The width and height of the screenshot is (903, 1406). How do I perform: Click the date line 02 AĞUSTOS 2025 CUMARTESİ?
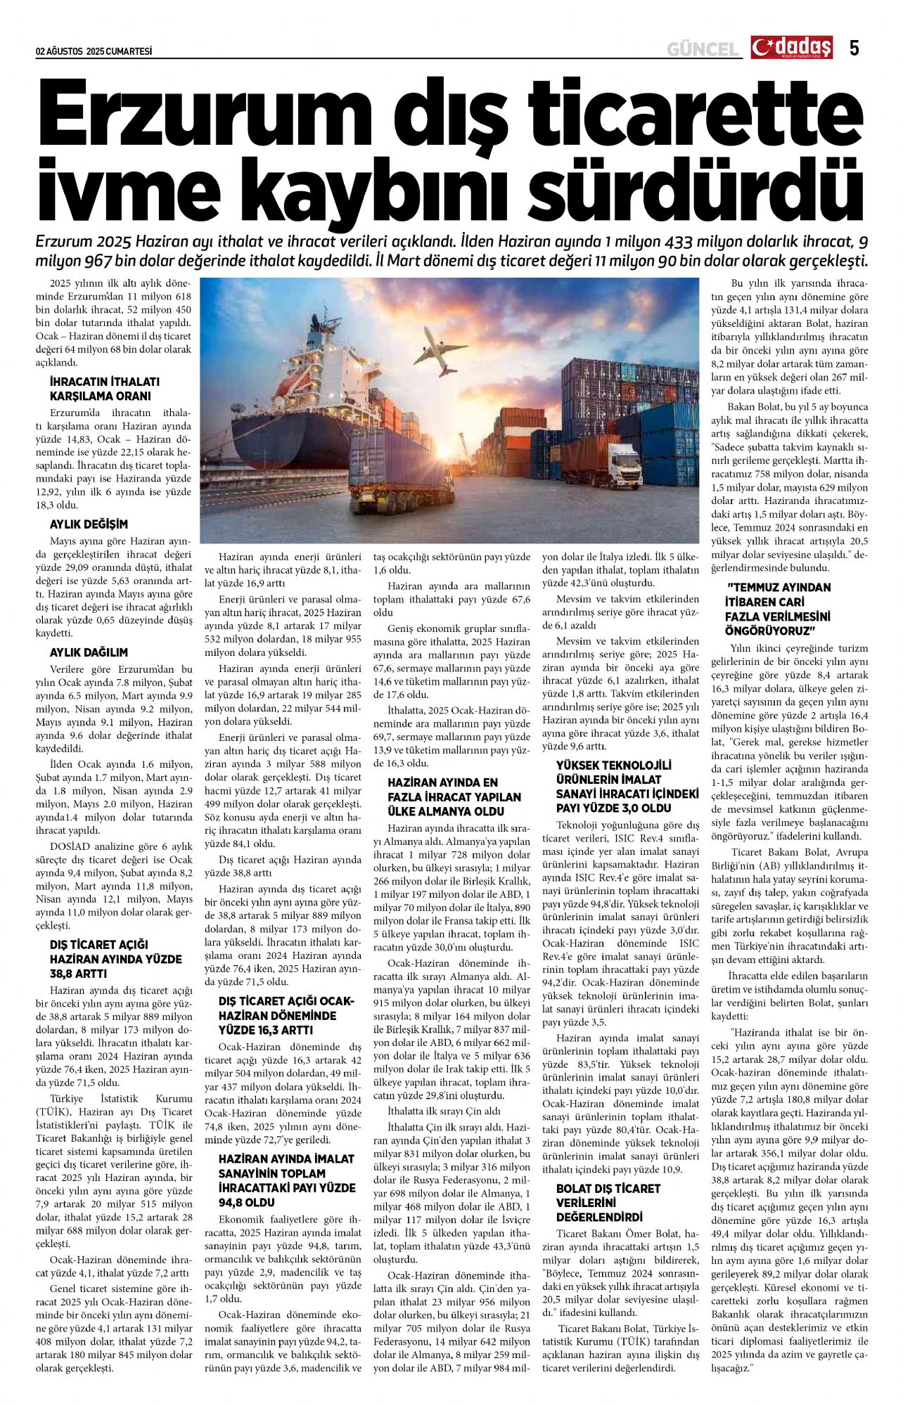pyautogui.click(x=94, y=51)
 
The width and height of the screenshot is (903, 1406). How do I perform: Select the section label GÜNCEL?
pyautogui.click(x=703, y=49)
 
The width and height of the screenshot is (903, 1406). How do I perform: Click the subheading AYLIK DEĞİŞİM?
pyautogui.click(x=89, y=524)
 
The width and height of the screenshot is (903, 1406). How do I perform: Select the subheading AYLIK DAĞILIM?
pyautogui.click(x=89, y=652)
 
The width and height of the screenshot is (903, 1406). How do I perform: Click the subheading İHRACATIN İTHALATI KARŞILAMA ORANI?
pyautogui.click(x=105, y=389)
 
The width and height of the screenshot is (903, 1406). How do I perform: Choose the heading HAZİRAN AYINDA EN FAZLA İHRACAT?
pyautogui.click(x=454, y=797)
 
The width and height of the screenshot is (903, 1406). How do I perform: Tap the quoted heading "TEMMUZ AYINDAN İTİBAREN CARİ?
pyautogui.click(x=779, y=609)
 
